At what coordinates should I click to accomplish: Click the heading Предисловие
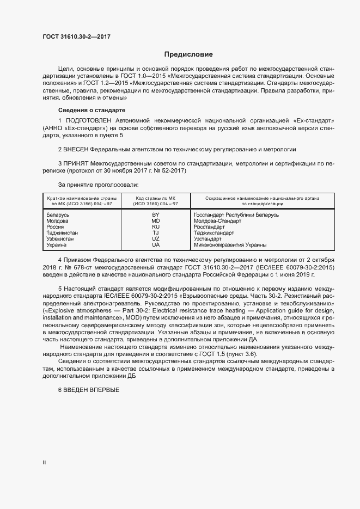[x=189, y=54]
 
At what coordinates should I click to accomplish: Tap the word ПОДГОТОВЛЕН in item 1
[x=88, y=119]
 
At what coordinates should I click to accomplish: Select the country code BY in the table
[x=155, y=215]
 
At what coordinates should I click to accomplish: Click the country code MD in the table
[x=155, y=221]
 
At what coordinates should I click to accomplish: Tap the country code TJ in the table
[x=155, y=233]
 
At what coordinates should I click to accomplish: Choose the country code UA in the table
[x=155, y=245]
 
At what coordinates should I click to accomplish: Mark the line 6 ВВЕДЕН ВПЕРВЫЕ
[x=88, y=391]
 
